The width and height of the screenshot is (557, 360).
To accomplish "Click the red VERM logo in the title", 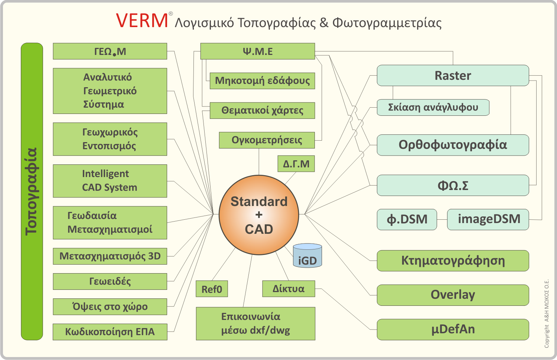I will (x=142, y=21).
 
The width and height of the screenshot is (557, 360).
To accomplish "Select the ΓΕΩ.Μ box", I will (x=110, y=51).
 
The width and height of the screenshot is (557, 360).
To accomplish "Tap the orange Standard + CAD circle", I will (x=259, y=215).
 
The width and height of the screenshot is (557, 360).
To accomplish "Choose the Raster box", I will (x=453, y=76).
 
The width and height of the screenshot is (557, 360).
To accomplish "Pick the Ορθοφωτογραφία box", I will (x=453, y=145).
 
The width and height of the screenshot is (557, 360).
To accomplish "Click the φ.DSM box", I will (x=407, y=219).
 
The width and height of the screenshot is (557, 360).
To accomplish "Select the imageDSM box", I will (x=488, y=219).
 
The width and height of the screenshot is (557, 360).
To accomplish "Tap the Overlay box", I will (x=453, y=295).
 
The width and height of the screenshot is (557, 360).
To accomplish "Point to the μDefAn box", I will (x=453, y=329).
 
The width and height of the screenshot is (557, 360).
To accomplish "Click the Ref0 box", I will (x=212, y=289).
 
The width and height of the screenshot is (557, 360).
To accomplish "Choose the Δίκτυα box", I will (x=289, y=289).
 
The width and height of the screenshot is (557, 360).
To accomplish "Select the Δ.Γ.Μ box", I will (x=296, y=164).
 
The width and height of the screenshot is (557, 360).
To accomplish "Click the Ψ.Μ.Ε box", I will (x=257, y=51).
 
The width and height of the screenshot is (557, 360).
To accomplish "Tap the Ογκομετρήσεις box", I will (x=267, y=140).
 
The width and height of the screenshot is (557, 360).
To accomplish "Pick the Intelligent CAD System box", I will (x=110, y=181).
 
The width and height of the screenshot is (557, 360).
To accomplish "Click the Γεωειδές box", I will (x=110, y=281).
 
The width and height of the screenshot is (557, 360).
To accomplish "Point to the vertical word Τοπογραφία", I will (x=32, y=191).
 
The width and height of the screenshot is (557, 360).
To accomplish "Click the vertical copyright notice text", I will (x=547, y=314).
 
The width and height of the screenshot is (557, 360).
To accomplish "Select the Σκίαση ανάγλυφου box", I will (x=433, y=107).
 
